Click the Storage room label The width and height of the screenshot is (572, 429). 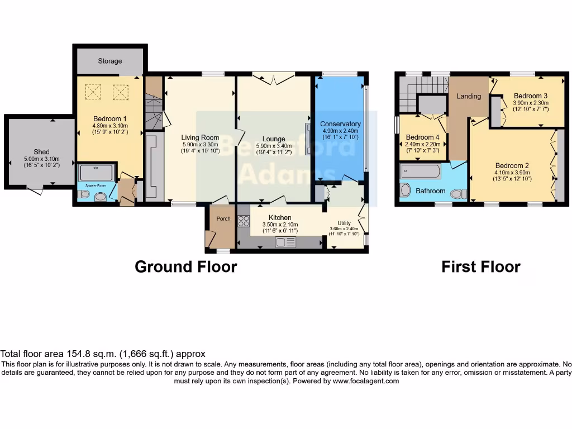[110, 61]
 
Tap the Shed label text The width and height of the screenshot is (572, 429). [41, 151]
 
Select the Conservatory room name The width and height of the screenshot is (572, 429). [340, 124]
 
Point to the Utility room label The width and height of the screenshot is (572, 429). [344, 223]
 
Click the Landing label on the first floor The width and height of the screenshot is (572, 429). [469, 96]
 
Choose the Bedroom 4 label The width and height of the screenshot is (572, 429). [423, 137]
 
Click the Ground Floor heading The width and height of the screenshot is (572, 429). [186, 267]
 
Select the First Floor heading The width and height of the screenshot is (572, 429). [481, 267]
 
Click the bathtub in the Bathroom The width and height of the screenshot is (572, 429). [421, 171]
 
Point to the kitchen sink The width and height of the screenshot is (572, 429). [285, 241]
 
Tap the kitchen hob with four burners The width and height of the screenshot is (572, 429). [244, 221]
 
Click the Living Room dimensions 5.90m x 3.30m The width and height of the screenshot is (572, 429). [199, 144]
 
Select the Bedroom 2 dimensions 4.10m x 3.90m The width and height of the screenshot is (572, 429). [513, 172]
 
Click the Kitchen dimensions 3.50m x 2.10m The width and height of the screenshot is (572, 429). [280, 225]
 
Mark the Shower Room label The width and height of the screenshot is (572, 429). [96, 185]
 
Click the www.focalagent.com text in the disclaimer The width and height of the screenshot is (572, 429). [366, 381]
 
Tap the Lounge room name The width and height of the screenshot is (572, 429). [274, 139]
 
